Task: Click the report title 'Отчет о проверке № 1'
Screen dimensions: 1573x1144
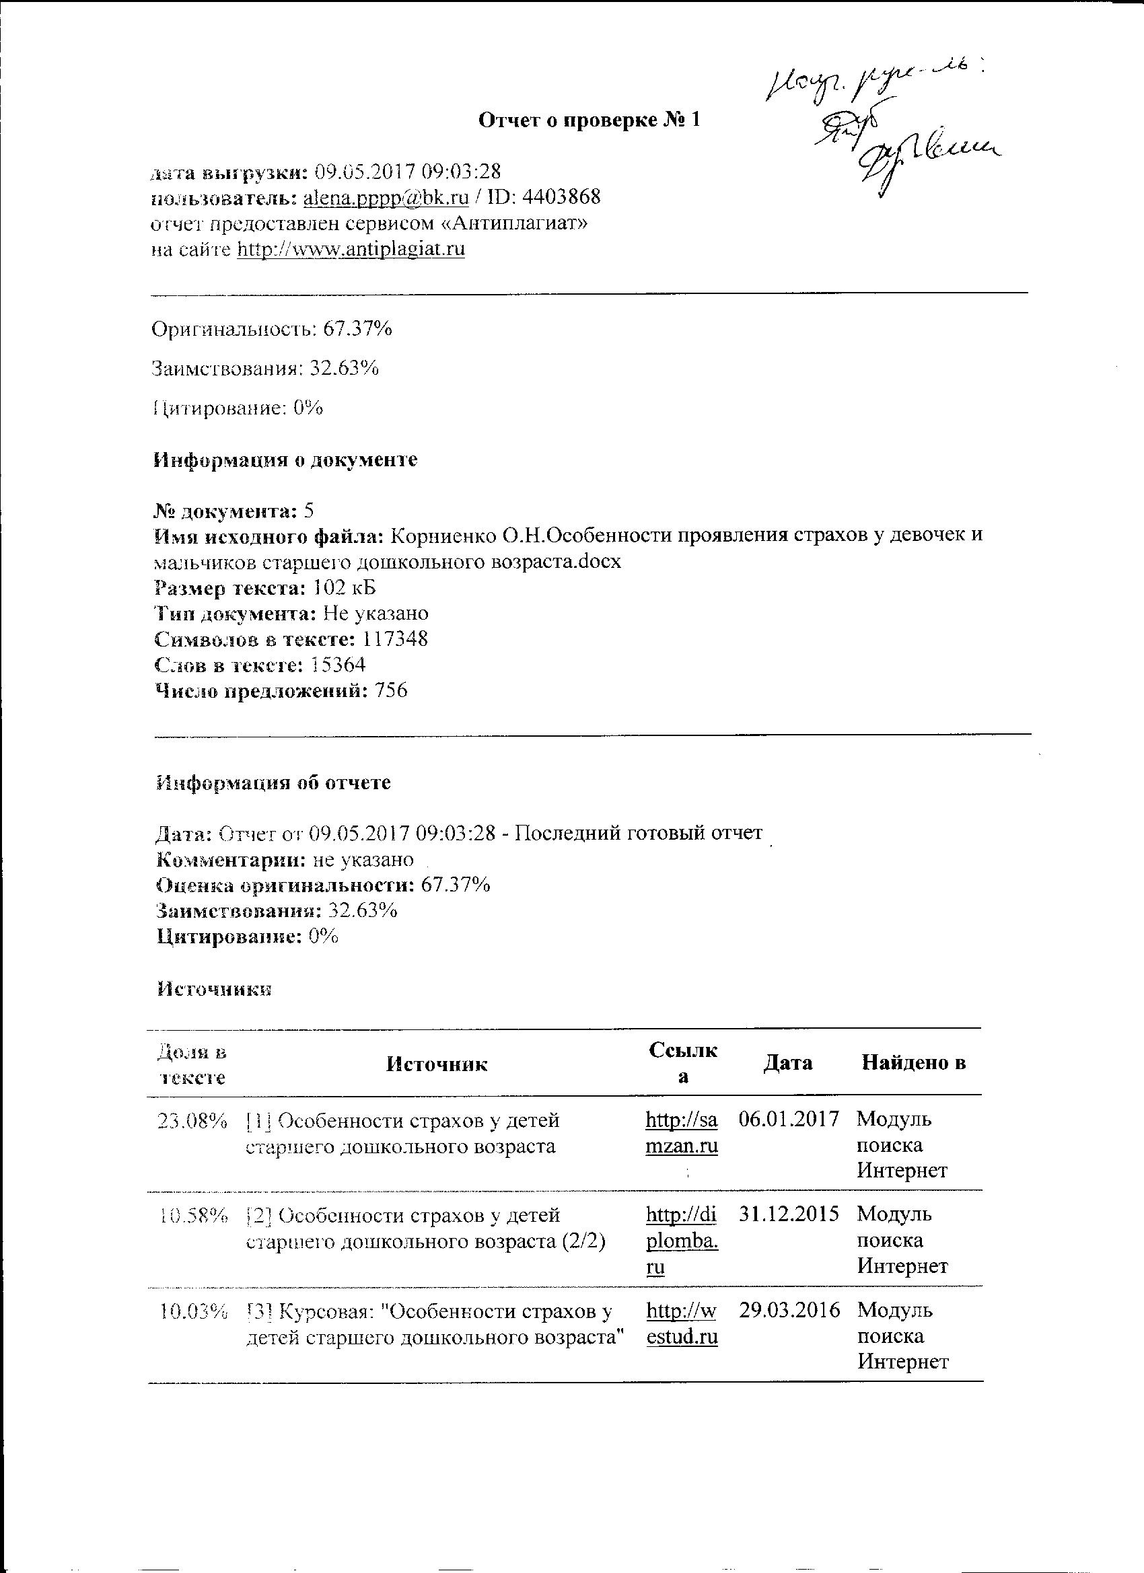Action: point(589,120)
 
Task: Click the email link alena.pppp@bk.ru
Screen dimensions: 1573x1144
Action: point(386,198)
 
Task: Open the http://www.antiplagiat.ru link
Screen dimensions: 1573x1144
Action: point(351,249)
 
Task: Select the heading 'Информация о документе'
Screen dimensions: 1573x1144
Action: point(285,460)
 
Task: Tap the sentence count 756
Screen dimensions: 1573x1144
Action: point(390,691)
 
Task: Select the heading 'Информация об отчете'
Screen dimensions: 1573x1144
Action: point(274,783)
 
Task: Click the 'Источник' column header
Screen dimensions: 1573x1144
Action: point(436,1064)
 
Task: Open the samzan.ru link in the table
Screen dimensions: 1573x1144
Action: point(681,1132)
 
